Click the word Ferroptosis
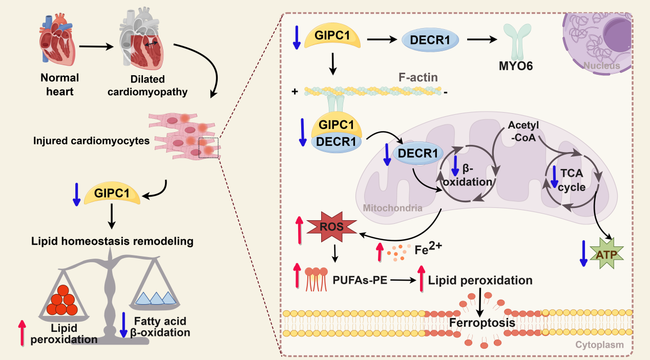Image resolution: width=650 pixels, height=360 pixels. [x=482, y=323]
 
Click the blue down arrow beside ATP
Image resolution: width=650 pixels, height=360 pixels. [x=583, y=252]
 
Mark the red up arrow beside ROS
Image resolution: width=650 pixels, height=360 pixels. [x=300, y=231]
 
